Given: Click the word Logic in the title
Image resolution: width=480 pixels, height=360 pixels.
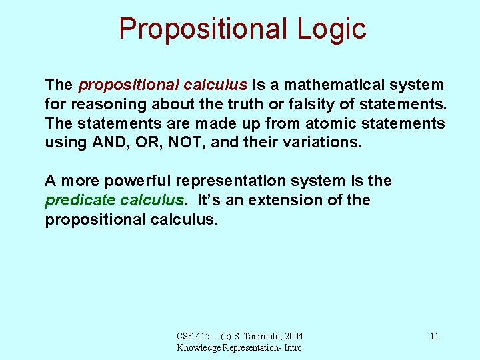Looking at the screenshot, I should [328, 29].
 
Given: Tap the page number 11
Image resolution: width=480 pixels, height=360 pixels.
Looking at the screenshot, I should [434, 337].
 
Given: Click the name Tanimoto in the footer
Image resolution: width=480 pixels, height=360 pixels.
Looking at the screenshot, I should [255, 337].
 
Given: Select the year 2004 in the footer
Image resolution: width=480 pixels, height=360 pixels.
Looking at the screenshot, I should [293, 337].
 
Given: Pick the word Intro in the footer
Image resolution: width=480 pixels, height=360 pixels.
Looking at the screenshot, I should [292, 347].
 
